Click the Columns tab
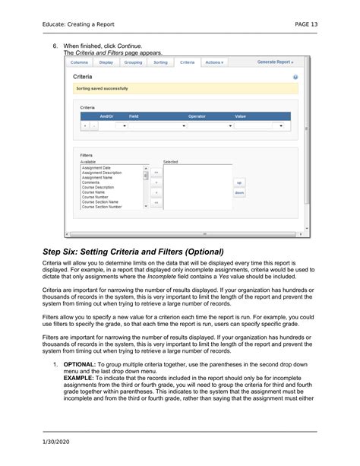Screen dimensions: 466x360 pyautogui.click(x=79, y=62)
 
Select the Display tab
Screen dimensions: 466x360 pyautogui.click(x=106, y=62)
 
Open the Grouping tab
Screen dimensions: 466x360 pyautogui.click(x=133, y=62)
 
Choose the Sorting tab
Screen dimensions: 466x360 pyautogui.click(x=160, y=62)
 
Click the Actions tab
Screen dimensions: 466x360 pyautogui.click(x=214, y=62)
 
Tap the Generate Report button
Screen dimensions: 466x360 pyautogui.click(x=275, y=62)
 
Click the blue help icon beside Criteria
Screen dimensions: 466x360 pyautogui.click(x=295, y=78)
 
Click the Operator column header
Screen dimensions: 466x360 pyautogui.click(x=197, y=116)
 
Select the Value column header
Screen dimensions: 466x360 pyautogui.click(x=240, y=116)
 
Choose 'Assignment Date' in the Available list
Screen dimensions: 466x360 pyautogui.click(x=96, y=167)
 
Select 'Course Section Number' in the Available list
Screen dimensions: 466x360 pyautogui.click(x=102, y=207)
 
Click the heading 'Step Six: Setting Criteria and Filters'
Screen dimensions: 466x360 pyautogui.click(x=132, y=252)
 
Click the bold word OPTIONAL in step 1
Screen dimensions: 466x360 pyautogui.click(x=79, y=365)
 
